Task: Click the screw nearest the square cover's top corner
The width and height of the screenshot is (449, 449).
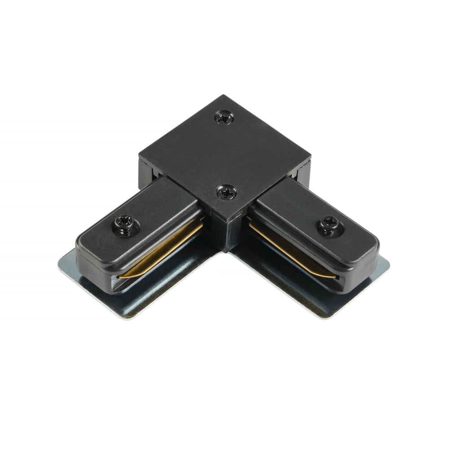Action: (x=224, y=118)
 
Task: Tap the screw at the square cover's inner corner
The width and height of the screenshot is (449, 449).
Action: (x=227, y=192)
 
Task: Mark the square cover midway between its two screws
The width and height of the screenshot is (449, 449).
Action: (x=225, y=155)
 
